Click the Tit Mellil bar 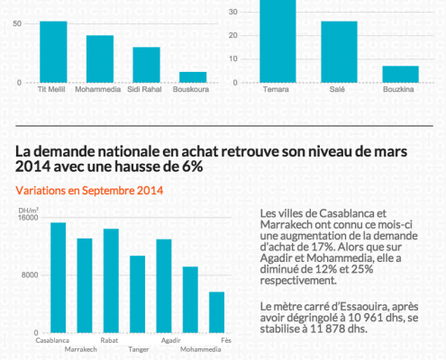[53, 52]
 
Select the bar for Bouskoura [193, 77]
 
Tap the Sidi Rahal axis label [144, 89]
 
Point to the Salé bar [339, 52]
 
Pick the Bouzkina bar [400, 74]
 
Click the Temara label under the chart [276, 89]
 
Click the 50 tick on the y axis [17, 23]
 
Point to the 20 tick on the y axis [233, 35]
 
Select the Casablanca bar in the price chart [59, 278]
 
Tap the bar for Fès [217, 312]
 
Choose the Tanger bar [138, 294]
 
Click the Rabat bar [111, 281]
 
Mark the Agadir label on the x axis [171, 340]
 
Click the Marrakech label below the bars [81, 349]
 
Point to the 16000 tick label [28, 217]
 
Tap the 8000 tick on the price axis [30, 275]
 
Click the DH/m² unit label [29, 211]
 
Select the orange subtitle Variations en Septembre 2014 [89, 191]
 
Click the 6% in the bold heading [193, 166]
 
